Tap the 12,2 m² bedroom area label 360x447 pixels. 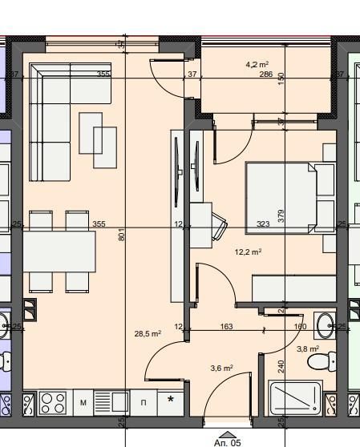point(248,252)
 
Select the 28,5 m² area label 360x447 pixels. point(149,333)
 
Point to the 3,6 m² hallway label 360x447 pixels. point(221,368)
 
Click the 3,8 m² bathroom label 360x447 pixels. point(308,349)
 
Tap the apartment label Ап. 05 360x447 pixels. point(227,441)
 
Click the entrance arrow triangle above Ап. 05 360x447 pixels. point(227,433)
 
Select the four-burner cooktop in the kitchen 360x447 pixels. point(53,402)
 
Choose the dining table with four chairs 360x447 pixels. point(59,251)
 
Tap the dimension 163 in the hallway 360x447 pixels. point(226,327)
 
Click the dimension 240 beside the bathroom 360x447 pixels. point(281,367)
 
